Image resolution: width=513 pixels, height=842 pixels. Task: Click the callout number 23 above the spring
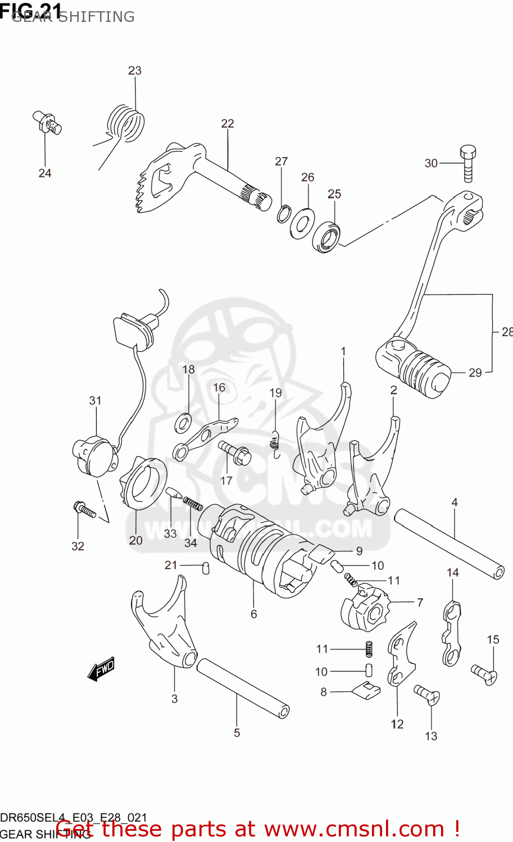pyautogui.click(x=135, y=71)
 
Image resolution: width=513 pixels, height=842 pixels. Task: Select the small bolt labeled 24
pyautogui.click(x=47, y=123)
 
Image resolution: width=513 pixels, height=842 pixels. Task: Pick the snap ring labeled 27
pyautogui.click(x=284, y=214)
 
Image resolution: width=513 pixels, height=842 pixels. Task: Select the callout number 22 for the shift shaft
pyautogui.click(x=228, y=123)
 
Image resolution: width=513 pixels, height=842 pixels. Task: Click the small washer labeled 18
pyautogui.click(x=183, y=423)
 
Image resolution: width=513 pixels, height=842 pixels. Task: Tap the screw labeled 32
pyautogui.click(x=84, y=510)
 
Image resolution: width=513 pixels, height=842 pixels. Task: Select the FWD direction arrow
pyautogui.click(x=102, y=669)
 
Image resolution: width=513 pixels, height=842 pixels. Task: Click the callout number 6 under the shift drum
pyautogui.click(x=254, y=614)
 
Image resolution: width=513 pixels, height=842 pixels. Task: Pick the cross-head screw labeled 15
pyautogui.click(x=484, y=673)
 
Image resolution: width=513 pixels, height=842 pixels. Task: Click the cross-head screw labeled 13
pyautogui.click(x=427, y=694)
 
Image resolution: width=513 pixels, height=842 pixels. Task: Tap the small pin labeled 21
pyautogui.click(x=206, y=568)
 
